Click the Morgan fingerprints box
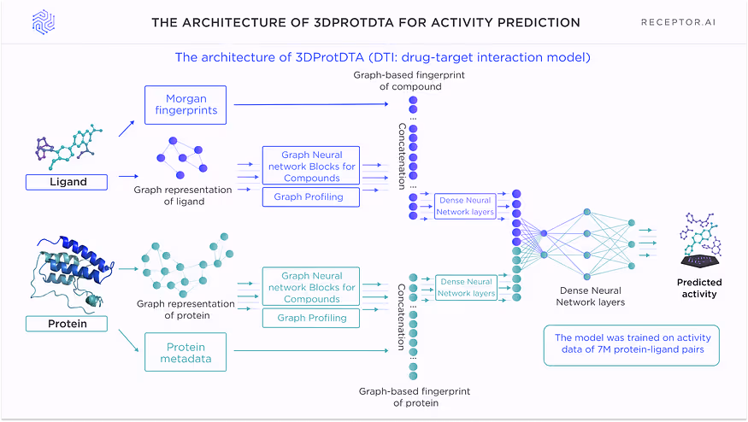[x=186, y=105]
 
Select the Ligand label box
[x=68, y=182]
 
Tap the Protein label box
[x=68, y=324]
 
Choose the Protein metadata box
[x=186, y=352]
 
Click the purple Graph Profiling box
[x=309, y=197]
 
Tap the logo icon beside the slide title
[x=44, y=22]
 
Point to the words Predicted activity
[x=699, y=288]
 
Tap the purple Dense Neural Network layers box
[x=465, y=206]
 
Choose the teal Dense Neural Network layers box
[x=466, y=287]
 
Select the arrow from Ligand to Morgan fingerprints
[x=126, y=129]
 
